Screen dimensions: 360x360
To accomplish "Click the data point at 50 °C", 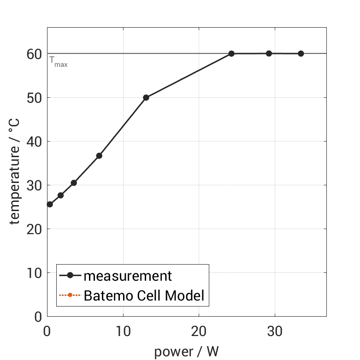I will [x=146, y=98].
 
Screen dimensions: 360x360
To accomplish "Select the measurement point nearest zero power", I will [x=50, y=204].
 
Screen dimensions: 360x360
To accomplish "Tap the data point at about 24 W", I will [x=231, y=53].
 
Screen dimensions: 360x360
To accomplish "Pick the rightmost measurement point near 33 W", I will [x=301, y=53].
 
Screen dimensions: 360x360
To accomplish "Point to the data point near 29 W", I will [x=269, y=53].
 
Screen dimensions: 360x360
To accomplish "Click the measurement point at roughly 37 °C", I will [x=99, y=156].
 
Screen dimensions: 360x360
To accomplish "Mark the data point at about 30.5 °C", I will [x=74, y=183].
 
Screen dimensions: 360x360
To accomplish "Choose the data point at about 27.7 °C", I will [x=60, y=195].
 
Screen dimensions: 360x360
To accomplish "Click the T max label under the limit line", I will [x=59, y=62].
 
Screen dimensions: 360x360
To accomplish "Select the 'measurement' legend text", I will [x=128, y=276].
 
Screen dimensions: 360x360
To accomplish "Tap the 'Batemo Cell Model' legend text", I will [x=144, y=295].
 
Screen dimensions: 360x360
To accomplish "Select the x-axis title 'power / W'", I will [x=186, y=352].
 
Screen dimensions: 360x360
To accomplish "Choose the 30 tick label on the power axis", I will [x=275, y=331].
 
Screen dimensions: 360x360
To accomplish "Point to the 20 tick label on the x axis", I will [x=199, y=331].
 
